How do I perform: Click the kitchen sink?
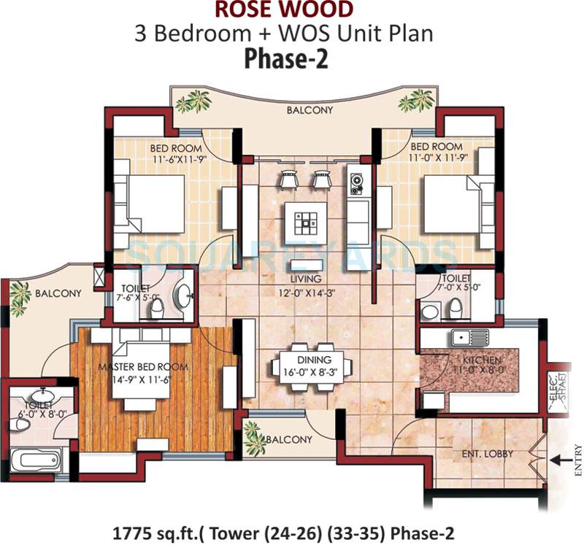point(469,337)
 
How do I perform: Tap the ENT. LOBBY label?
point(488,453)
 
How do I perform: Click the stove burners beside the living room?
point(357,186)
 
